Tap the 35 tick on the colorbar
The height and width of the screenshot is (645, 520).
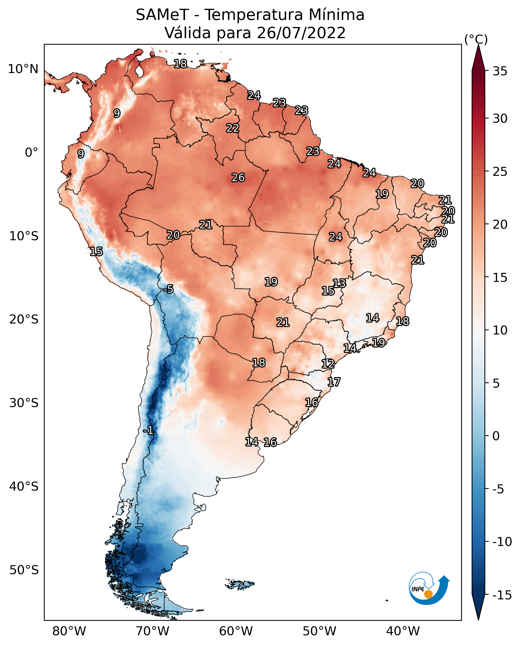pos(500,71)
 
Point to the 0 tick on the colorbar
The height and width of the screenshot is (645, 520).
pos(496,436)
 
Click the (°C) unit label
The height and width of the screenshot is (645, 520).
pos(476,39)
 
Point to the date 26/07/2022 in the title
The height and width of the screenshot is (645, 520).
pos(301,33)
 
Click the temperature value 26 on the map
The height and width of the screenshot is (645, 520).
pos(238,178)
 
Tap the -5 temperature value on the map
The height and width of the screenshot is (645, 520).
pos(168,289)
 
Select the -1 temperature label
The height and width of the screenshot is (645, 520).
pos(148,431)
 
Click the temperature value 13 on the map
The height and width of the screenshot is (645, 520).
pos(339,283)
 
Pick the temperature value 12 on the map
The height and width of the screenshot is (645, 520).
pos(328,364)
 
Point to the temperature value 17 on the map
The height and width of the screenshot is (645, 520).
pos(334,382)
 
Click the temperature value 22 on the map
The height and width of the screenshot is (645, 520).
pos(233,128)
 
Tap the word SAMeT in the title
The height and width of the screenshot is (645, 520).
pos(162,15)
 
